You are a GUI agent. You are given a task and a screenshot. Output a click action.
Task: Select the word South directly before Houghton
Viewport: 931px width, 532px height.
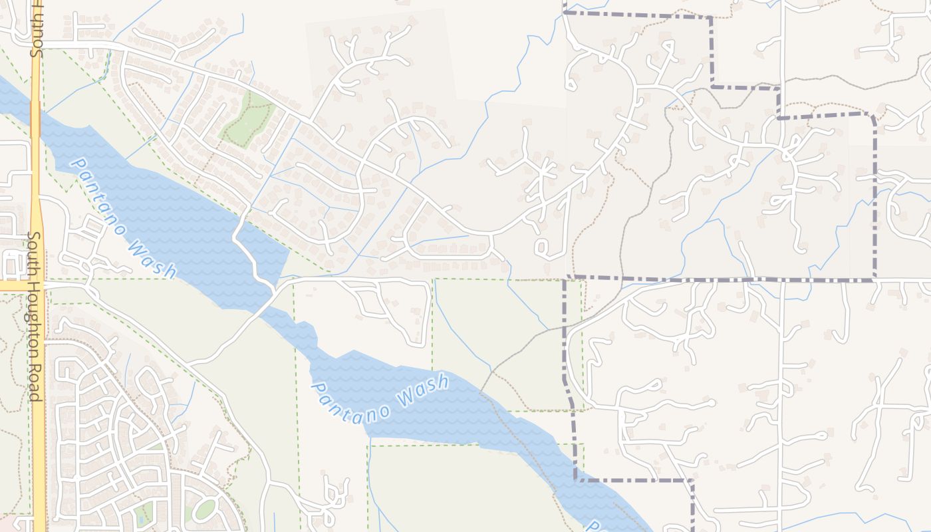tap(35, 253)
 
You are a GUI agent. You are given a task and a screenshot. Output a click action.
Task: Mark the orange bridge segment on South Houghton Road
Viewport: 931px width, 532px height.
tap(35, 120)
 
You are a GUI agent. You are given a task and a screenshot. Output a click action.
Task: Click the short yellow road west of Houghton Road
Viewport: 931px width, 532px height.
tap(13, 285)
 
